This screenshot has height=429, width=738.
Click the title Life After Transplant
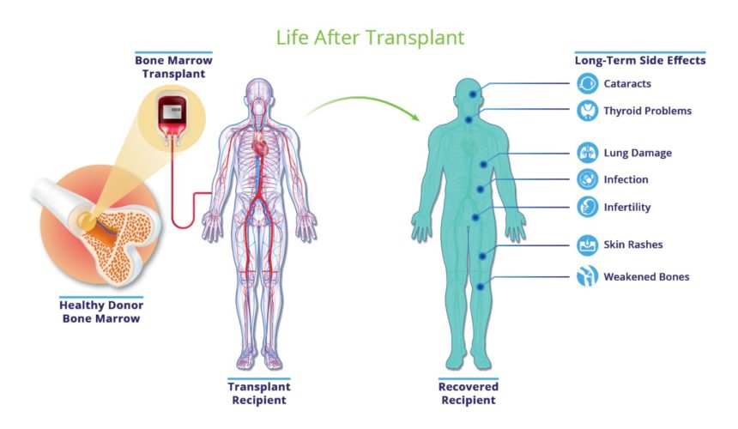(x=370, y=38)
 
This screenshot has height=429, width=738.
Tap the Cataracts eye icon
(x=587, y=84)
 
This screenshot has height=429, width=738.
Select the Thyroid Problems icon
(x=587, y=111)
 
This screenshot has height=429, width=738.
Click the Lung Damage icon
(x=587, y=153)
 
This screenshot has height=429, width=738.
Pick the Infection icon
(x=587, y=179)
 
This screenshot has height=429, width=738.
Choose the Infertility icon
(x=587, y=207)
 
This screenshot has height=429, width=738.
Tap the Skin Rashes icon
(x=587, y=245)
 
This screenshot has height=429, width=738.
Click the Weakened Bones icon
(x=587, y=276)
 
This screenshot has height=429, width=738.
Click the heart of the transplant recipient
(x=260, y=143)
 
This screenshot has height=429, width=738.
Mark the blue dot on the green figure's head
(x=473, y=94)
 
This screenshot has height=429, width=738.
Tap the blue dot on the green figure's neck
(x=469, y=120)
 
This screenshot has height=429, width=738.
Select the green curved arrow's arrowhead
(x=414, y=116)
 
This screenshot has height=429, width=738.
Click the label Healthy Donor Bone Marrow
(x=101, y=311)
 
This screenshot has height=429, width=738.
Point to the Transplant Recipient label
(x=259, y=393)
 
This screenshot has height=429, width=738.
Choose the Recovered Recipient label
(x=469, y=393)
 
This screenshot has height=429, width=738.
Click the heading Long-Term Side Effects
(x=640, y=60)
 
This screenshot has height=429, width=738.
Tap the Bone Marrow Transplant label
(x=173, y=67)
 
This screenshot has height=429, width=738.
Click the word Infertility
(x=627, y=208)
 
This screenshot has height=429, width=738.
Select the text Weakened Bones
(x=647, y=276)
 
